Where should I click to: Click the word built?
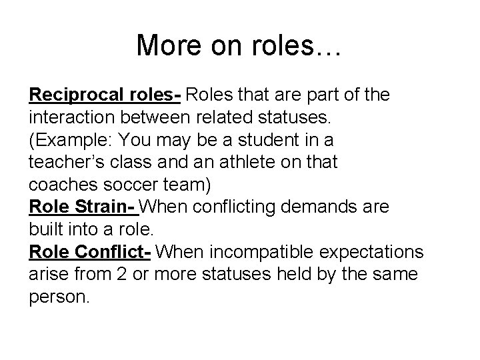[x=47, y=230]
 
